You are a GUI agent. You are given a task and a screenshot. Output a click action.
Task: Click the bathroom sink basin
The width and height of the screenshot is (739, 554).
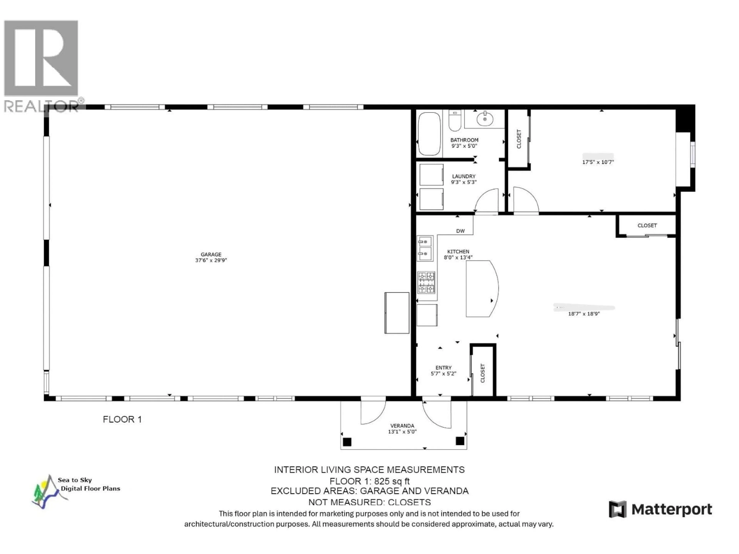pyautogui.click(x=485, y=119)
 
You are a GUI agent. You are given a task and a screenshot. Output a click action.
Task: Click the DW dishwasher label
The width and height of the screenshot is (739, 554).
pyautogui.click(x=460, y=231)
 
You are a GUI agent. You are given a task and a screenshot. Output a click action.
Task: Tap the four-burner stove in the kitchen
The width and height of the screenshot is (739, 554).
pyautogui.click(x=426, y=283)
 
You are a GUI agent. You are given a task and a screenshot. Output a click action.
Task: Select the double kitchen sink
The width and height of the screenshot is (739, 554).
pyautogui.click(x=425, y=248)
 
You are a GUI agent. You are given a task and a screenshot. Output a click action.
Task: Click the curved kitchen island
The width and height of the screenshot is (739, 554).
pyautogui.click(x=481, y=289)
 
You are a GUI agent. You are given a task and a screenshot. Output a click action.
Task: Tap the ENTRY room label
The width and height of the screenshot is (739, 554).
pyautogui.click(x=443, y=368)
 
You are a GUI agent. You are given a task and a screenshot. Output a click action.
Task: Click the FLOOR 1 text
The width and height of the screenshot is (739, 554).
pyautogui.click(x=122, y=419)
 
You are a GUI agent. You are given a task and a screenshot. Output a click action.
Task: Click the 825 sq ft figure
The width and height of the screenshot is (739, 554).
pyautogui.click(x=392, y=481)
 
